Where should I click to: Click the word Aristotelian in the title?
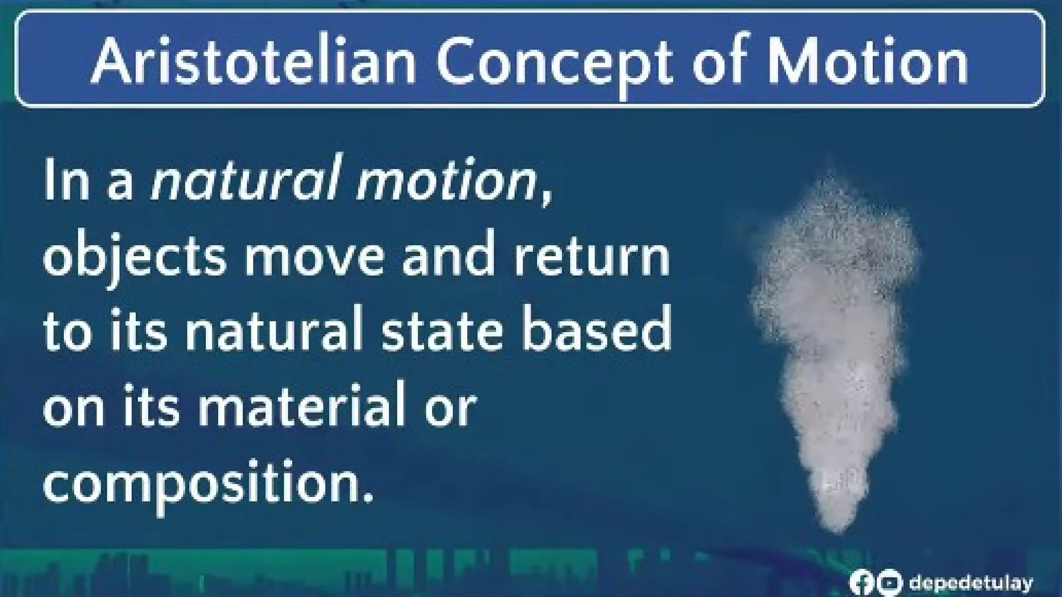[x=253, y=61]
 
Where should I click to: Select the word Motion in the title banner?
[x=867, y=61]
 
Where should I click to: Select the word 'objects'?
[x=135, y=258]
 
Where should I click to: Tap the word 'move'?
[x=316, y=257]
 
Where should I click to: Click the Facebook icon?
[x=861, y=582]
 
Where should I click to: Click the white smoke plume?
[x=830, y=337]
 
